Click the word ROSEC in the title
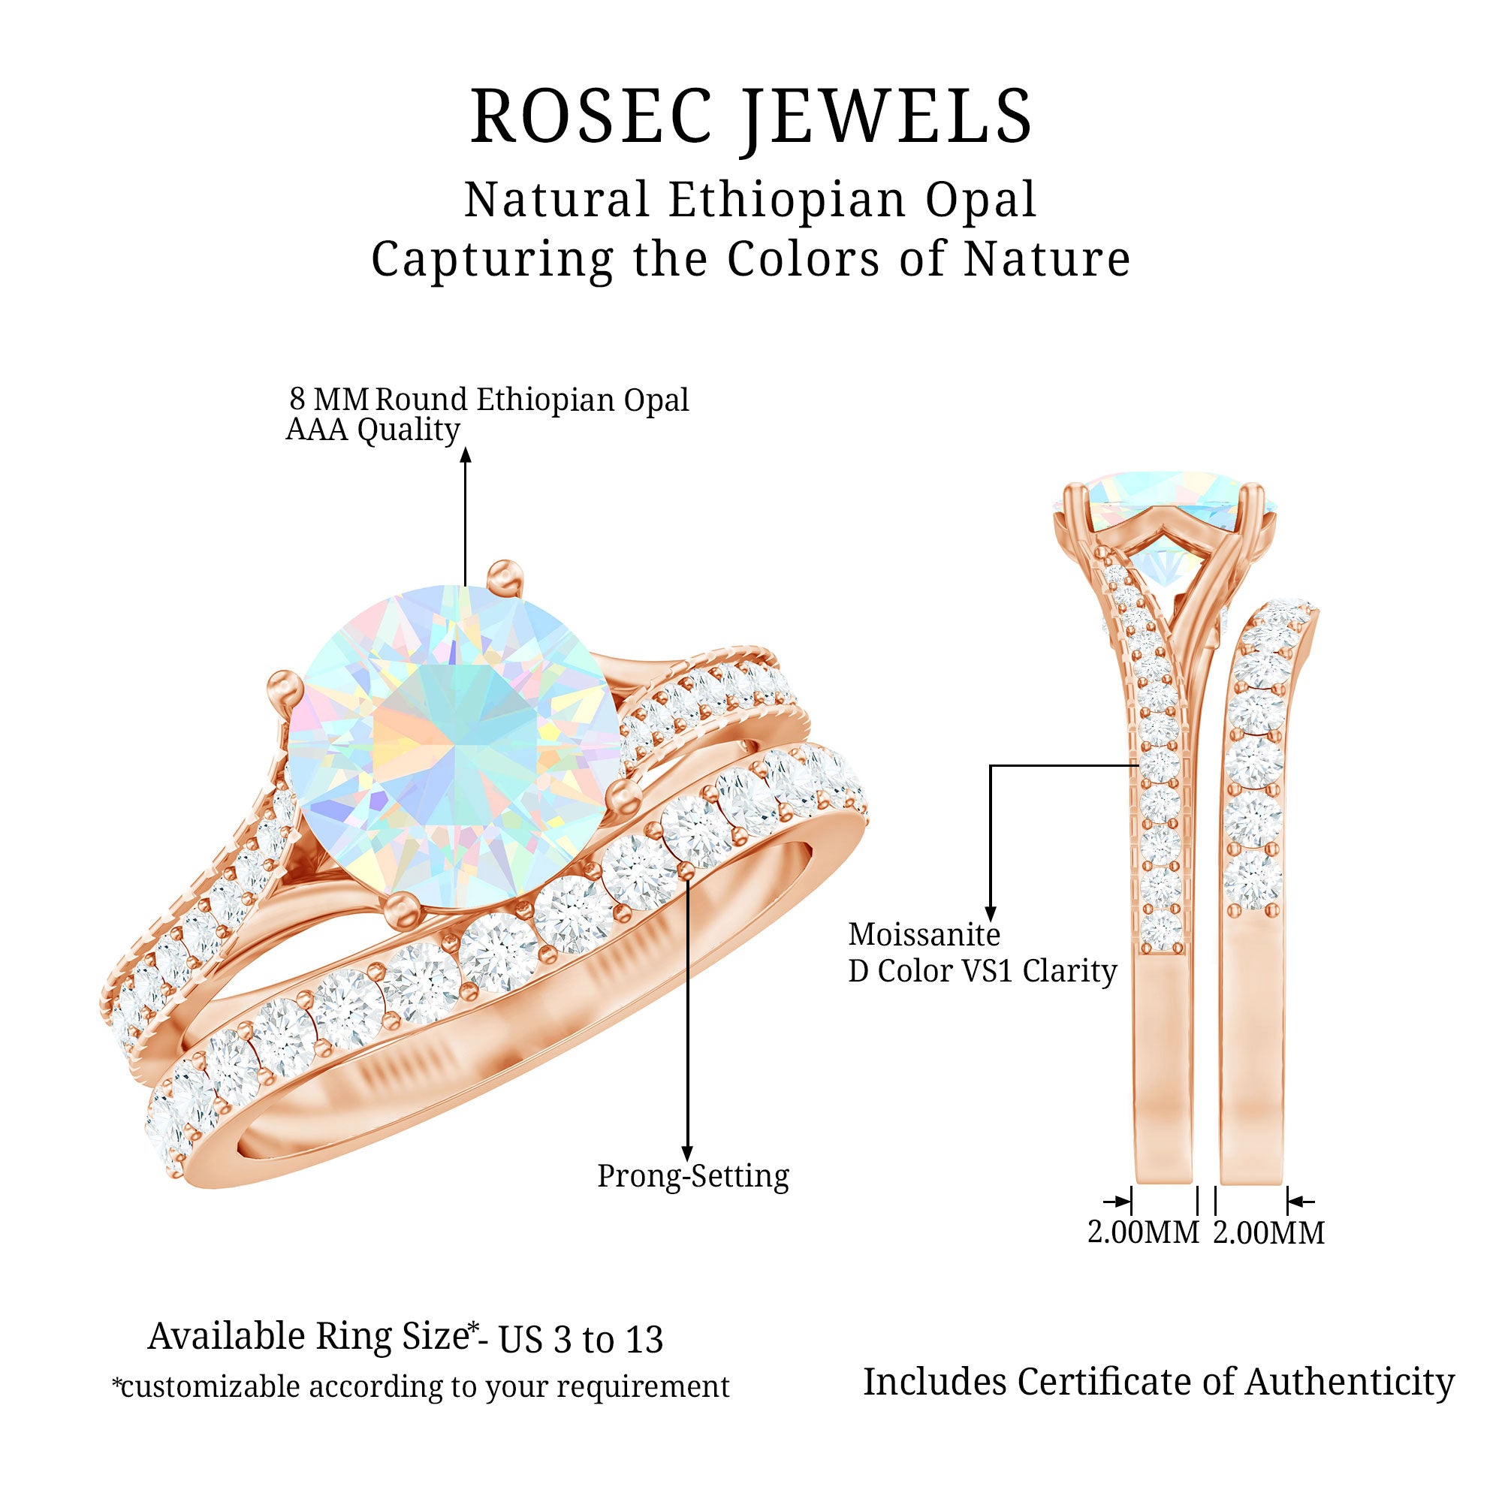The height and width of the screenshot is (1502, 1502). coord(591,116)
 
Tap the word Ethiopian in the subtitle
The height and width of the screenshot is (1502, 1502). coord(786,200)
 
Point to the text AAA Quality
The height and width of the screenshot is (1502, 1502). coord(372,430)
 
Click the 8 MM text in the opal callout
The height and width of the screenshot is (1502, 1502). coord(328,400)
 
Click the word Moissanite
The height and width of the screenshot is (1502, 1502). coord(924,934)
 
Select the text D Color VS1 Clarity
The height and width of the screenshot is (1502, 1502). coord(982,971)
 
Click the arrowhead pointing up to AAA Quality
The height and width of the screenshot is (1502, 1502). coord(466,455)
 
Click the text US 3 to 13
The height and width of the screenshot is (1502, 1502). coord(581,1341)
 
